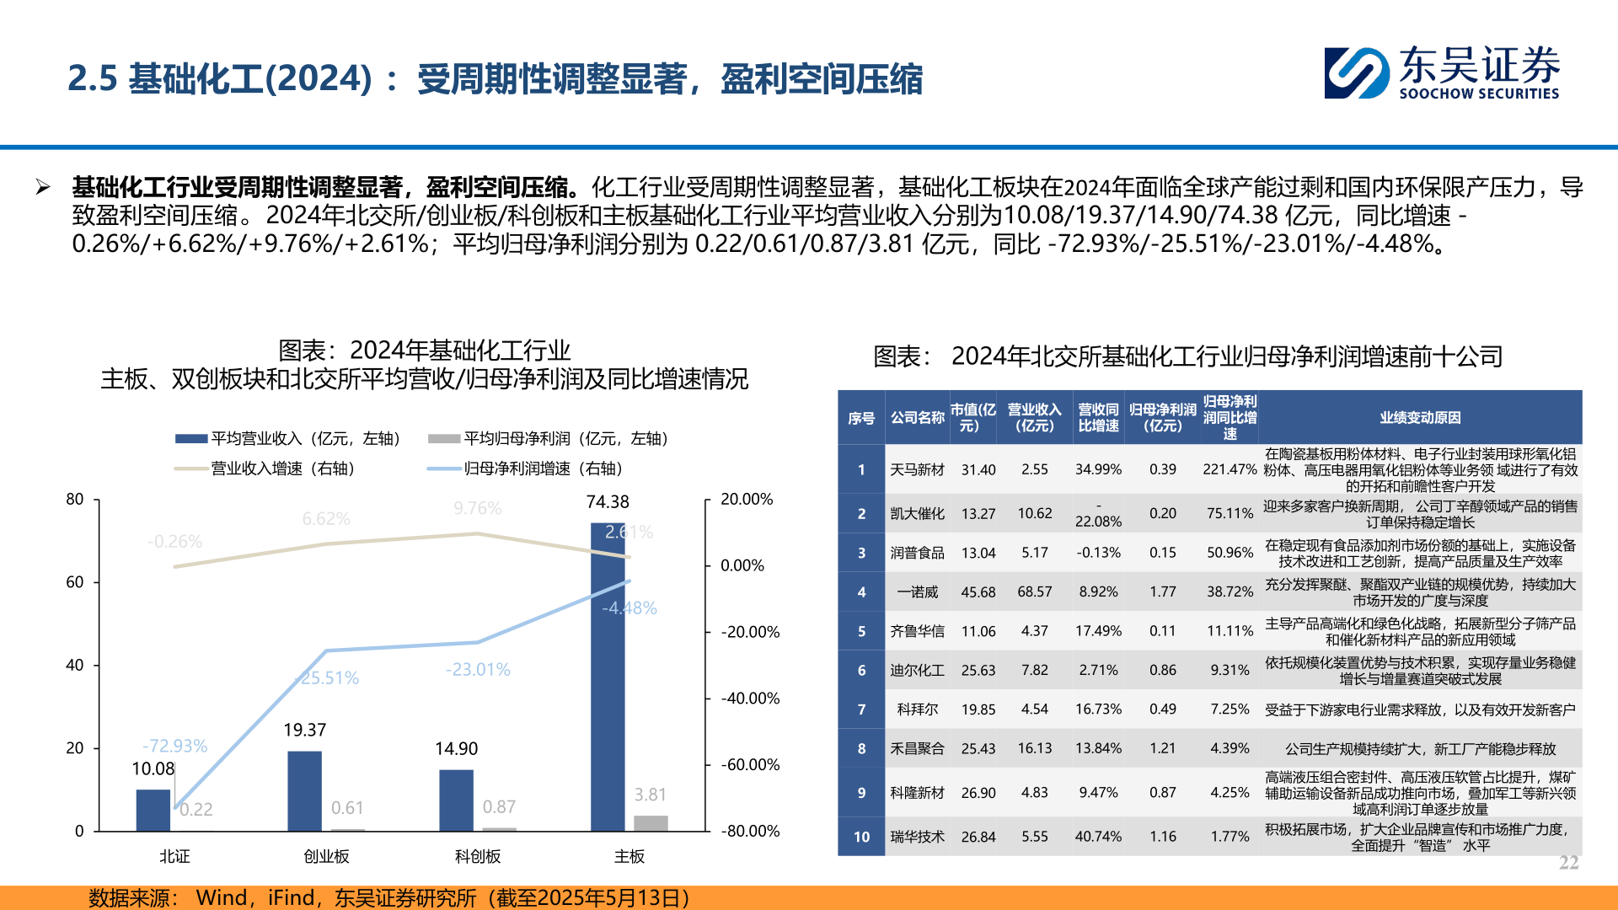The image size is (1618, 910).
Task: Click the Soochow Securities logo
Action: tap(1441, 73)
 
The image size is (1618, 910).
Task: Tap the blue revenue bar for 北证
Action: tap(153, 810)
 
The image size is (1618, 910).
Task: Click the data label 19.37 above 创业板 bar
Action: tap(304, 730)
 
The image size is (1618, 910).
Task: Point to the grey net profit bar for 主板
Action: tap(651, 823)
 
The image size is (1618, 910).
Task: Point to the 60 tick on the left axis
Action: tap(75, 582)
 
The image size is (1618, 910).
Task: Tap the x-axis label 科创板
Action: tap(478, 856)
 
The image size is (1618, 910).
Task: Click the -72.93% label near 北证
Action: tap(174, 746)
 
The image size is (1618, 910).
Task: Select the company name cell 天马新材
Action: tap(917, 469)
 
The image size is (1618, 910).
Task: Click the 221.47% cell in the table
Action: tap(1229, 469)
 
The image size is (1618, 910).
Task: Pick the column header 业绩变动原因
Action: tap(1420, 417)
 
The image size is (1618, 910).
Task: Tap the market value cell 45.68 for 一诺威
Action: tap(978, 592)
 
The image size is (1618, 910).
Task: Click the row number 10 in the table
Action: tap(861, 837)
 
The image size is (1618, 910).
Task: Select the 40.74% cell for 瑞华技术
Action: tap(1098, 837)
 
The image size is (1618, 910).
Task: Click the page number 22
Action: tap(1568, 863)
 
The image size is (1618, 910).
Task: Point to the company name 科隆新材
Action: tap(917, 793)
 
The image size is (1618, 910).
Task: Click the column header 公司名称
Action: tap(917, 417)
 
